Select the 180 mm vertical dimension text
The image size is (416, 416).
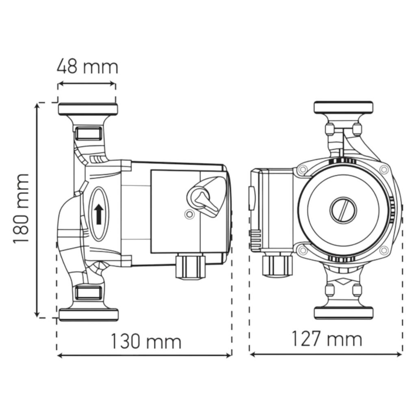coord(21,208)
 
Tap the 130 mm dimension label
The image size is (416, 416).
coord(146,341)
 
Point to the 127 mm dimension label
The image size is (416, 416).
coord(327,339)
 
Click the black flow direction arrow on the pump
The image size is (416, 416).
coord(99,214)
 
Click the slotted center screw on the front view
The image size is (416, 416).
coord(343,210)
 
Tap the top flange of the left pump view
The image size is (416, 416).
coord(88,109)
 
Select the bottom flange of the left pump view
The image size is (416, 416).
coord(89,315)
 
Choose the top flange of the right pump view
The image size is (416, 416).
coord(343,107)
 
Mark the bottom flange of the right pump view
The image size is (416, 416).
coord(344,313)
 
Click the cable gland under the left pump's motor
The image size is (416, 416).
coord(191,266)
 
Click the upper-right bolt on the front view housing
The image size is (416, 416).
coord(383,169)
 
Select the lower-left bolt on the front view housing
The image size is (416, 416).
coord(302,250)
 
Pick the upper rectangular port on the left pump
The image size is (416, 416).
coord(88,133)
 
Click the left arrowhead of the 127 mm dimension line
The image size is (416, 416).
coord(252,354)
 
